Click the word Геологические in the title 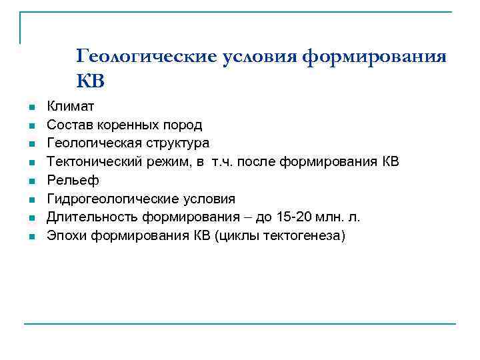(x=146, y=57)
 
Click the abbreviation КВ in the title (x=91, y=81)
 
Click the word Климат (x=71, y=106)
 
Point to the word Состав (x=69, y=125)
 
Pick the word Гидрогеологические (x=109, y=199)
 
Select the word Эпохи (x=65, y=235)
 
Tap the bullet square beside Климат (x=31, y=107)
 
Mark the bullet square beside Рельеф (x=31, y=181)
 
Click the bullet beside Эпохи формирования (x=31, y=236)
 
